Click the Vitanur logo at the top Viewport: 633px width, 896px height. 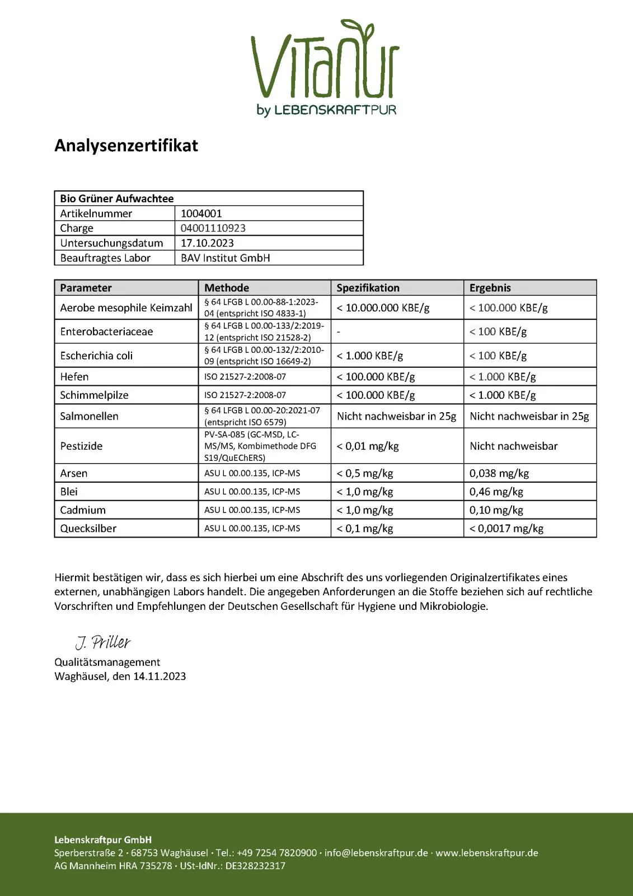(325, 67)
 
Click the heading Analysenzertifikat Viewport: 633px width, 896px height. (126, 146)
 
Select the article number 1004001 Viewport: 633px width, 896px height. (201, 213)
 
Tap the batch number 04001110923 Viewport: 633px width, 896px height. (213, 228)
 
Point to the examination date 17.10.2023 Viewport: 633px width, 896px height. (207, 243)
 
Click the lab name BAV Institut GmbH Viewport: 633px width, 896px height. (225, 258)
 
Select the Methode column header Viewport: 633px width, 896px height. (227, 288)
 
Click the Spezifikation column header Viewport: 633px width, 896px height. (368, 288)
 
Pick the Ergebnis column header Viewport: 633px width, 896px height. (490, 288)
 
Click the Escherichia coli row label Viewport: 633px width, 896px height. (96, 356)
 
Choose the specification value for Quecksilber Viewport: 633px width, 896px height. (365, 528)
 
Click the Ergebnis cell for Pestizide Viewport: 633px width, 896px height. (514, 446)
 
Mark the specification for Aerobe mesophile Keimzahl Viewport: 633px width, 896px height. (383, 307)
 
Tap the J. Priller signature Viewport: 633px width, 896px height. (103, 642)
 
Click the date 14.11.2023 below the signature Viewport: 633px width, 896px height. (160, 676)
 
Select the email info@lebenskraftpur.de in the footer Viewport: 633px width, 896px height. (376, 853)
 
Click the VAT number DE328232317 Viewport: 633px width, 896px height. (255, 866)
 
